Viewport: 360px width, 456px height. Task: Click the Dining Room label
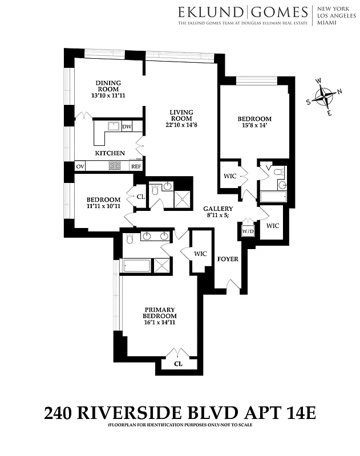[107, 85]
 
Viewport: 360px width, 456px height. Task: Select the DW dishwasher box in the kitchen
[127, 127]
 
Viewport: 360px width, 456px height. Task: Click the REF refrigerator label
[136, 166]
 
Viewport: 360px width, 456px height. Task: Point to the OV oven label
[80, 166]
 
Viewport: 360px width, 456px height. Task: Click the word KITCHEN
[110, 153]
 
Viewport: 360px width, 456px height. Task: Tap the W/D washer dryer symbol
[248, 231]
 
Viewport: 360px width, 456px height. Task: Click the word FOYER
[228, 259]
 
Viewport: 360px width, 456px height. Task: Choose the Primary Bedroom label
[160, 312]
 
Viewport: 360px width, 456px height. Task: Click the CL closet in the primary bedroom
[177, 363]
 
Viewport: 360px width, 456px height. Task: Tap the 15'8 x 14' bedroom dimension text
[254, 127]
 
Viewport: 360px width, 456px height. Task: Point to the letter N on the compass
[339, 91]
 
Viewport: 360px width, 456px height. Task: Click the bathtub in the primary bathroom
[137, 266]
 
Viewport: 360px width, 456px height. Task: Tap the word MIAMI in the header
[326, 23]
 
